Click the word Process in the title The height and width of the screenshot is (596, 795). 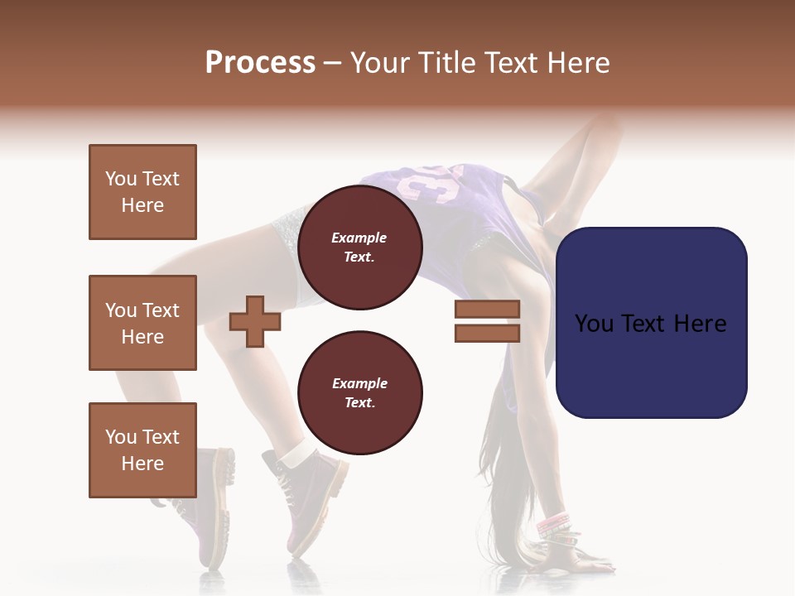[x=260, y=63]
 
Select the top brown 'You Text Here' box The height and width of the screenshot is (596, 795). [x=142, y=192]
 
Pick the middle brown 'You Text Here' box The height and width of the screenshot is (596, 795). [x=142, y=323]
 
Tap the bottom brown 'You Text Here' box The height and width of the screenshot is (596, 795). [x=142, y=449]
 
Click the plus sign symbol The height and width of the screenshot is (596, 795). [x=255, y=321]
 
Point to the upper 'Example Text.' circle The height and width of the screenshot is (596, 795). [x=360, y=247]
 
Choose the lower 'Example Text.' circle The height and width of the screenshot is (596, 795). [x=360, y=392]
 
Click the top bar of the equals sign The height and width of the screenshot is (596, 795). [x=487, y=309]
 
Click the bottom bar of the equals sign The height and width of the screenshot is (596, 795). [x=487, y=333]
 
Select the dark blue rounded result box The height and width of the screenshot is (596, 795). [x=651, y=323]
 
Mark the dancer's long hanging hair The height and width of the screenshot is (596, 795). [x=505, y=497]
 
